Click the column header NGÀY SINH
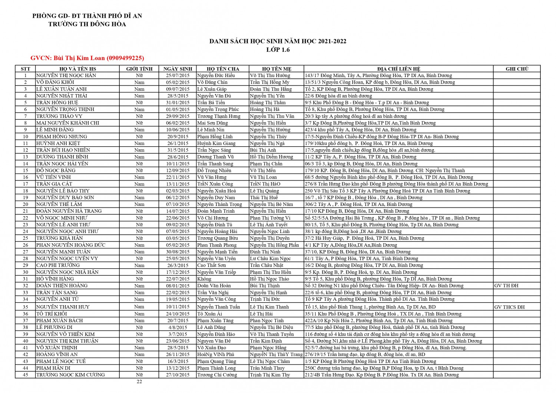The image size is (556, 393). tap(178, 69)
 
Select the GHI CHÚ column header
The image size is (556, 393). tap(517, 69)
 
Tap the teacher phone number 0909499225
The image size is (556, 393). tap(125, 58)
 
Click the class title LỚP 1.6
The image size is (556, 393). tap(278, 50)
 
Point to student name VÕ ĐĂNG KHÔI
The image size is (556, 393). tap(55, 82)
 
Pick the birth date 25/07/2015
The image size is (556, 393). tap(178, 76)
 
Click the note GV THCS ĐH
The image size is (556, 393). tap(509, 307)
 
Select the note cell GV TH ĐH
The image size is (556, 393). tap(506, 286)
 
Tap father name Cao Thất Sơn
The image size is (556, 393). tap(211, 265)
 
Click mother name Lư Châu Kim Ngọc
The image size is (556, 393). tap(270, 259)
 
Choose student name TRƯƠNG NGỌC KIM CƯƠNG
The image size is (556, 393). tap(70, 375)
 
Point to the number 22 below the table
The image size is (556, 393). tap(139, 382)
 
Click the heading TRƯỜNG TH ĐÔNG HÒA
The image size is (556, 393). tap(87, 24)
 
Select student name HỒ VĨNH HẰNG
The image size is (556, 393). tap(55, 279)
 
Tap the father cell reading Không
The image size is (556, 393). tap(204, 279)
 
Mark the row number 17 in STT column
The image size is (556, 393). tap(26, 184)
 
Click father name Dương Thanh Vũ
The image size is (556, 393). tap(215, 157)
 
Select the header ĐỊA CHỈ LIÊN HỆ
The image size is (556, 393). tap(398, 69)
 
